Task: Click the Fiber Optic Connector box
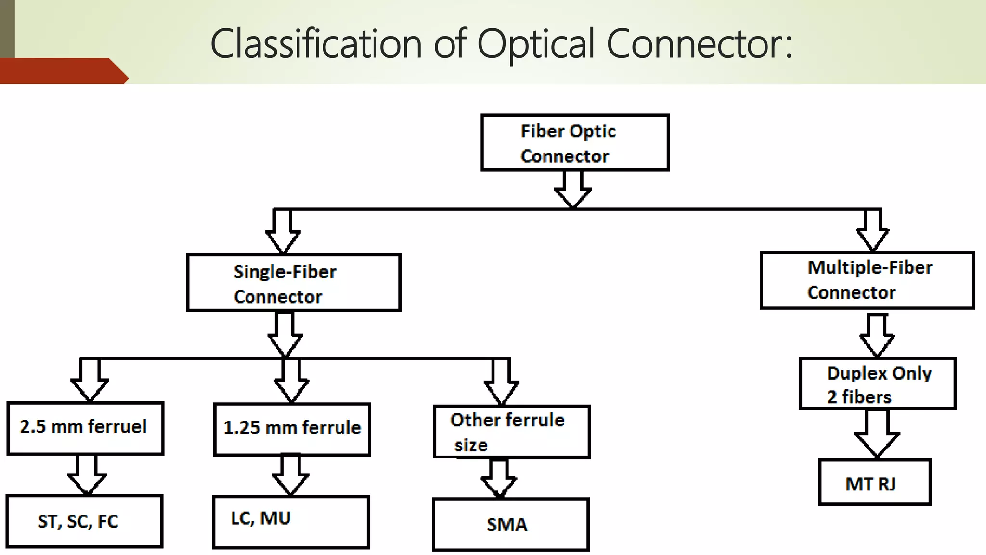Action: [575, 143]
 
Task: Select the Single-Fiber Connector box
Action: [293, 283]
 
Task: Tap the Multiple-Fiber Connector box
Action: [867, 280]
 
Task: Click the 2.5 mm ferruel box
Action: [85, 428]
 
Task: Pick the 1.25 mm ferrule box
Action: [292, 429]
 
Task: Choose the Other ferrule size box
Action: [511, 432]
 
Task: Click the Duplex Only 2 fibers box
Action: [877, 383]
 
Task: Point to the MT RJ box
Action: [874, 482]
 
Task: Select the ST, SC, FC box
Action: [84, 521]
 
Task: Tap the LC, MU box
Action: [291, 522]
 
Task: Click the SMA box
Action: [510, 524]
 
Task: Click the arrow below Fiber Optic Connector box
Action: [573, 189]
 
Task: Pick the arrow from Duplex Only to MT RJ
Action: [877, 434]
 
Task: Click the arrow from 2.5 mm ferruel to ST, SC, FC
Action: [87, 475]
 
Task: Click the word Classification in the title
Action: [316, 44]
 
